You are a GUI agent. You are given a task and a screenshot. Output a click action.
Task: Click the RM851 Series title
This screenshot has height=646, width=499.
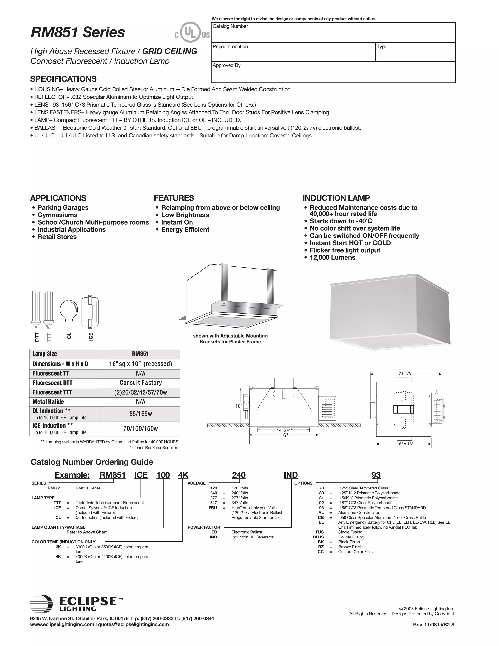point(78,32)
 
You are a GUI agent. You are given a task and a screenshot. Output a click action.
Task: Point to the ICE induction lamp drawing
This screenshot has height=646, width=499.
point(90,312)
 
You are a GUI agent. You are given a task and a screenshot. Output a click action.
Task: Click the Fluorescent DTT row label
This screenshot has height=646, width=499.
point(52,383)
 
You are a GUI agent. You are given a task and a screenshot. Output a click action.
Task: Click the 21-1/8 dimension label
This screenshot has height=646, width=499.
point(404,374)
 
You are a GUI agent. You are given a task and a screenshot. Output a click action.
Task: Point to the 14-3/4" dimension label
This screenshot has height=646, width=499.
point(284,430)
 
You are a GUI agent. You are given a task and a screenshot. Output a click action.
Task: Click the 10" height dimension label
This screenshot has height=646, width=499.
point(239,406)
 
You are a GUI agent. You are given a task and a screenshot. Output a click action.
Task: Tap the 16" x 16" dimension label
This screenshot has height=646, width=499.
point(405,444)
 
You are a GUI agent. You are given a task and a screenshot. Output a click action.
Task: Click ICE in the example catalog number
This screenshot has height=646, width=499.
point(141,475)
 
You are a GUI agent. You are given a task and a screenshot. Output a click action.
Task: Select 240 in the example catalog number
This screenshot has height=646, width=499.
point(239,475)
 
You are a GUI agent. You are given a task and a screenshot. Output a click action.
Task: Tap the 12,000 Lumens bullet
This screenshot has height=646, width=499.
point(332,257)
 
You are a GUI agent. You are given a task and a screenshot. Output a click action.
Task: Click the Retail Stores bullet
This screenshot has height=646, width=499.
point(57,237)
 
